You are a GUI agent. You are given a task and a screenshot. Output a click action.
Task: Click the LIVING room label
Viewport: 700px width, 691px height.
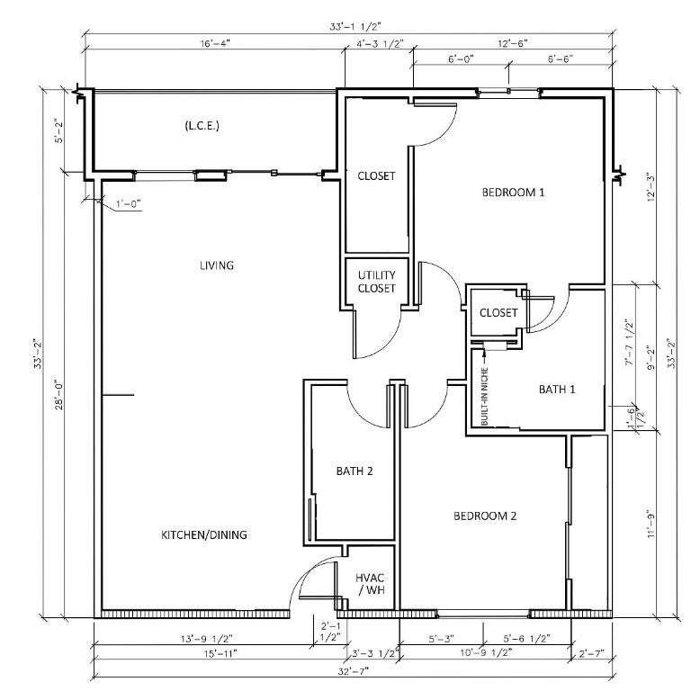pyautogui.click(x=217, y=265)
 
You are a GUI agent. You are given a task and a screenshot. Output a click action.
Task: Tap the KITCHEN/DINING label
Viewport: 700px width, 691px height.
pyautogui.click(x=204, y=534)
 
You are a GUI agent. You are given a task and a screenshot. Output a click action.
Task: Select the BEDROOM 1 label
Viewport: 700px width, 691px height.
pyautogui.click(x=514, y=193)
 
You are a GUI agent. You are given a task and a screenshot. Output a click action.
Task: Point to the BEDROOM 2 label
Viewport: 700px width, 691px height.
pyautogui.click(x=485, y=516)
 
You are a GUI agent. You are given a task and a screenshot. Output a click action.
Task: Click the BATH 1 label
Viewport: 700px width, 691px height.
pyautogui.click(x=557, y=390)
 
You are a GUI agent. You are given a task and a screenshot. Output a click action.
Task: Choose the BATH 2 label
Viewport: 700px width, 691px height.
pyautogui.click(x=354, y=471)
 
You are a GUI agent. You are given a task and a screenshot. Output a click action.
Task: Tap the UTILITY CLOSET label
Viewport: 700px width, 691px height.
pyautogui.click(x=376, y=282)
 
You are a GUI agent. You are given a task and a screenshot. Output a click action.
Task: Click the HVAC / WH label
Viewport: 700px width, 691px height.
pyautogui.click(x=370, y=584)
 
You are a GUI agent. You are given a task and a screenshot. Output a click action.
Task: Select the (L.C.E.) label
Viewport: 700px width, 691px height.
pyautogui.click(x=202, y=126)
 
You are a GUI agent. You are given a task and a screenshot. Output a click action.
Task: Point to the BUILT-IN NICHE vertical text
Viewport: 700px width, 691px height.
pyautogui.click(x=484, y=397)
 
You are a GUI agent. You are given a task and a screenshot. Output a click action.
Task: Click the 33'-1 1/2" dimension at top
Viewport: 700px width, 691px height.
pyautogui.click(x=355, y=26)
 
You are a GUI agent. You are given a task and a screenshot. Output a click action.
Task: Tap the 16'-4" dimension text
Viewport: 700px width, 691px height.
pyautogui.click(x=215, y=43)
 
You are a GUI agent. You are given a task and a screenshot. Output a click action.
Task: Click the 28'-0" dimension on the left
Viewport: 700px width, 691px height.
pyautogui.click(x=59, y=395)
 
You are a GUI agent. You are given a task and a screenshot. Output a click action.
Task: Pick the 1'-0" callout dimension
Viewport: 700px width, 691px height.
pyautogui.click(x=129, y=204)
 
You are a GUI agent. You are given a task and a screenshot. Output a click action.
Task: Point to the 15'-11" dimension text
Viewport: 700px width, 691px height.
pyautogui.click(x=220, y=653)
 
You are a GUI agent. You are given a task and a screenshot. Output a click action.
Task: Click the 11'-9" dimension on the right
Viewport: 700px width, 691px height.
pyautogui.click(x=651, y=524)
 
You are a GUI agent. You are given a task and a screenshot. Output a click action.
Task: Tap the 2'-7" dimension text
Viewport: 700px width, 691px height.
pyautogui.click(x=591, y=653)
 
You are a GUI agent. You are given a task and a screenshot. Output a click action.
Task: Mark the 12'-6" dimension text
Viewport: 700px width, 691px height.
pyautogui.click(x=513, y=43)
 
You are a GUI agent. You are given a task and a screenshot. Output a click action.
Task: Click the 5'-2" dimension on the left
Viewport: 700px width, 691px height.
pyautogui.click(x=59, y=130)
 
